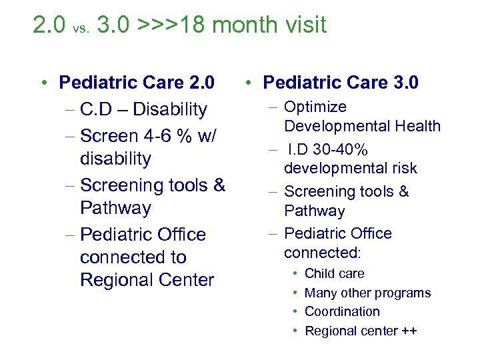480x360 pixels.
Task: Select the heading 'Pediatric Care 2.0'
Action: pos(137,83)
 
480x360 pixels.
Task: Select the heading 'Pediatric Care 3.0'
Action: pos(341,83)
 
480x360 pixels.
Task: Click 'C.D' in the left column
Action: pos(98,109)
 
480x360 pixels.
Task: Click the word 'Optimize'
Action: pos(315,107)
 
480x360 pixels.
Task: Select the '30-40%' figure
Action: pos(345,149)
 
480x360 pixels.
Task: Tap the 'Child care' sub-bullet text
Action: pos(334,273)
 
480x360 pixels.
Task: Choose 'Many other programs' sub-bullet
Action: pos(367,293)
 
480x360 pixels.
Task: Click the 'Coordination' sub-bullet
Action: pos(342,311)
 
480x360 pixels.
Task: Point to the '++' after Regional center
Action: pos(407,331)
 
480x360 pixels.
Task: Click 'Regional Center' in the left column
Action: pos(147,280)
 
